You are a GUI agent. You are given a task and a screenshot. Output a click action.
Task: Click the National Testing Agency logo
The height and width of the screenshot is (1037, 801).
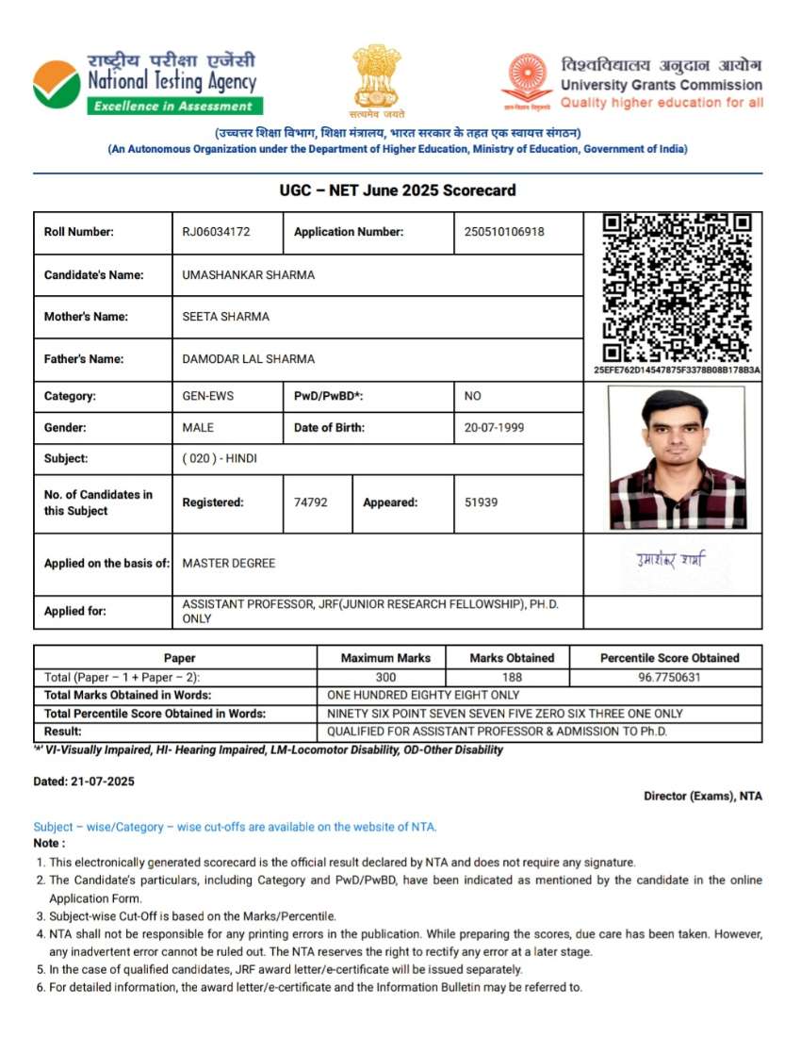57,84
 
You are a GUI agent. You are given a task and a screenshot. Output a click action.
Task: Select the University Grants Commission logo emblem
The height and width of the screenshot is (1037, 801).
526,79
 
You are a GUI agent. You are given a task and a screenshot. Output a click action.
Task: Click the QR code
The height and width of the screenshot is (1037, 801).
677,288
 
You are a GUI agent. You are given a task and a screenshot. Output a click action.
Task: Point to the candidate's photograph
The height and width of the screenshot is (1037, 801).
677,457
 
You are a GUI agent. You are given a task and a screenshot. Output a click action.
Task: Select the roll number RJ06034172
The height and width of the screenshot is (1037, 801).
217,232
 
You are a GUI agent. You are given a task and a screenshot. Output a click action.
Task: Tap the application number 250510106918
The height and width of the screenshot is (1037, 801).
504,232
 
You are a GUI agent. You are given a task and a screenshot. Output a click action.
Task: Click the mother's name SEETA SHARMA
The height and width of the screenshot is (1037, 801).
225,317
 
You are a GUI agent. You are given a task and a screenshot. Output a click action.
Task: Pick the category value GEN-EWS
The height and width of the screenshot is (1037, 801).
207,397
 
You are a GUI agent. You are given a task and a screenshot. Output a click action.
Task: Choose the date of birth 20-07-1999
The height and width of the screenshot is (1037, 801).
496,428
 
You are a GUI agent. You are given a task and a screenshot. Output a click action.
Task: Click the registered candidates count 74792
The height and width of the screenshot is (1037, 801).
311,502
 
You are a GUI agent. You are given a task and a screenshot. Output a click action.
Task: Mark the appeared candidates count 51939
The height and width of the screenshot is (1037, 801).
481,502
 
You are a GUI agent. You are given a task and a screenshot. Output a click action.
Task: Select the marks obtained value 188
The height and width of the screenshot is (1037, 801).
512,677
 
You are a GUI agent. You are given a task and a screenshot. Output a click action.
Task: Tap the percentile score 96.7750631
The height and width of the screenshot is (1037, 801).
669,677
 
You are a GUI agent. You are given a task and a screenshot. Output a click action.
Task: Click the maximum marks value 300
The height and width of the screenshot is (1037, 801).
385,677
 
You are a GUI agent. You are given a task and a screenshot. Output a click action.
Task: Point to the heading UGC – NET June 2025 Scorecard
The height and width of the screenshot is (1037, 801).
398,190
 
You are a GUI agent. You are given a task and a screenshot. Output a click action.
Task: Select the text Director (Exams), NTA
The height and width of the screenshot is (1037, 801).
702,797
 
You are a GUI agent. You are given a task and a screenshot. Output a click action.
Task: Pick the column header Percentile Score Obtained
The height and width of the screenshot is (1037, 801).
669,658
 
